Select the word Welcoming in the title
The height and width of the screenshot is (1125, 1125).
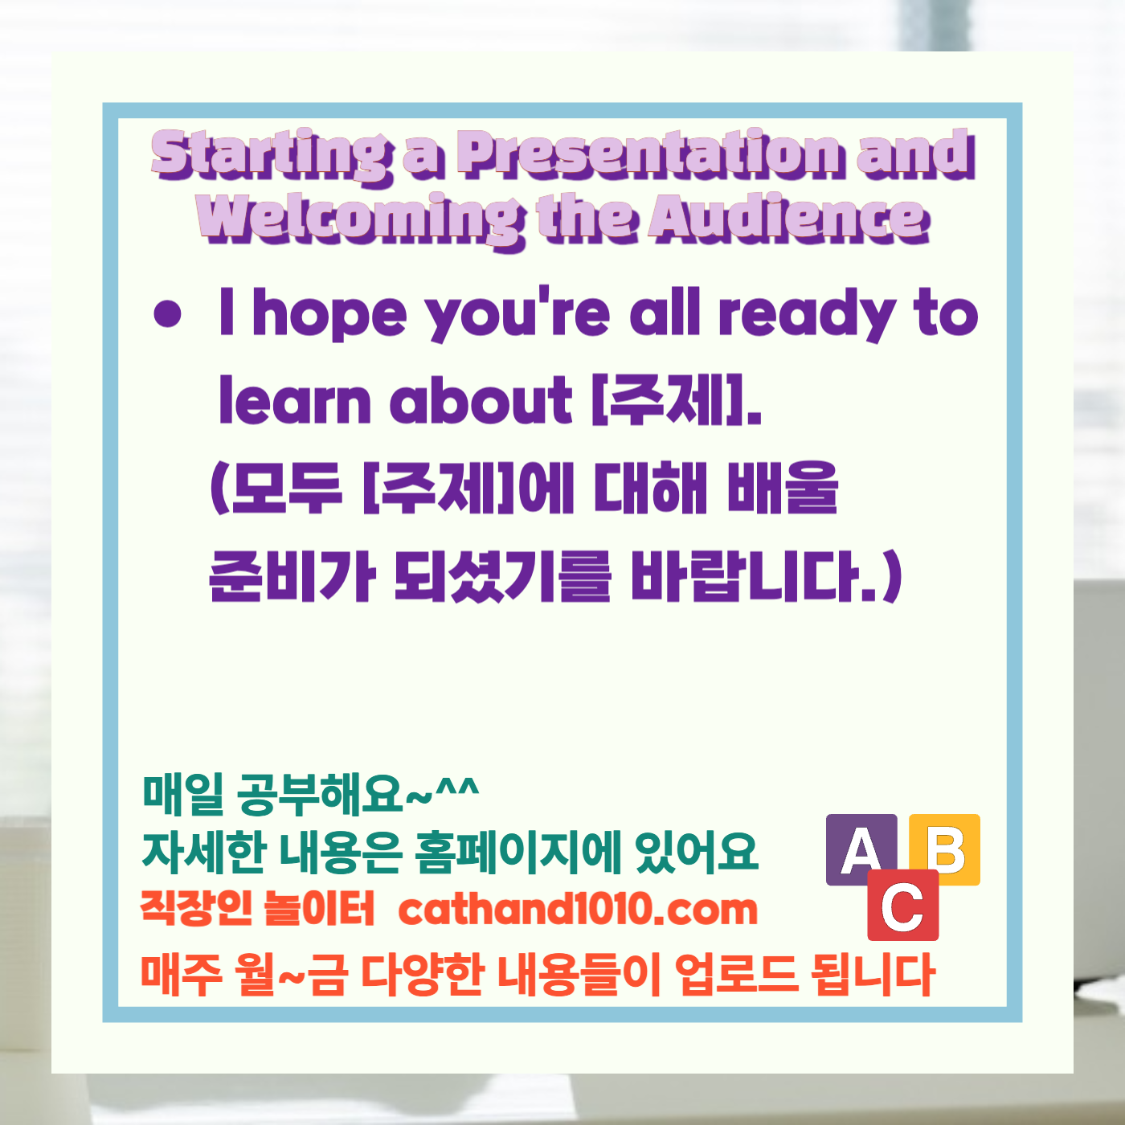[358, 219]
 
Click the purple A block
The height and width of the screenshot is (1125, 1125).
[861, 849]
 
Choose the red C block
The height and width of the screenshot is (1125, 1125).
[902, 906]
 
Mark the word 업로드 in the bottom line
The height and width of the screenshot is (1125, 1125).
[736, 974]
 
